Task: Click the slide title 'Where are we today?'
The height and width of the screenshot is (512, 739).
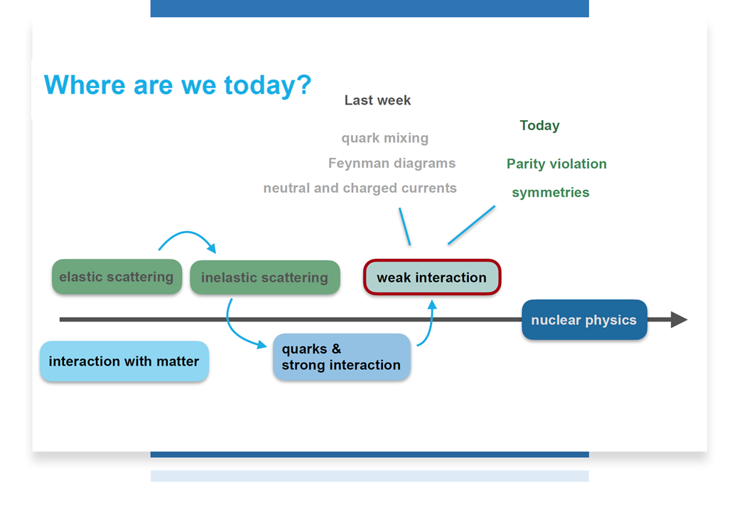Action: [178, 85]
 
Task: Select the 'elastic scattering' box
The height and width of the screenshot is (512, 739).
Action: [117, 277]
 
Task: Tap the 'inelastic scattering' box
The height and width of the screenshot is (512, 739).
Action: [265, 277]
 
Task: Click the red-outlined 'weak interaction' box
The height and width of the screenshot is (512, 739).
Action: [432, 277]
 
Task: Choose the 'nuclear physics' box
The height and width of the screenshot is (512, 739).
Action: [584, 320]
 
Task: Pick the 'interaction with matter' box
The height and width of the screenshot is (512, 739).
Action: [124, 361]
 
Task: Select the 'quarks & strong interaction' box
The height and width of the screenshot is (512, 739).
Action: [342, 357]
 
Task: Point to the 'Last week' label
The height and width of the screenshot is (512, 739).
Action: [377, 100]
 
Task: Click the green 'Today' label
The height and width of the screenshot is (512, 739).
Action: [539, 125]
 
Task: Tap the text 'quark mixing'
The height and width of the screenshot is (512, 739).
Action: [385, 138]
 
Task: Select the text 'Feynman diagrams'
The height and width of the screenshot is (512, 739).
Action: [392, 163]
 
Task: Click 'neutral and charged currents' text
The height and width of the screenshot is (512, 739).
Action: [360, 188]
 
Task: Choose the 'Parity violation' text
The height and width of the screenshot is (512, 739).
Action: [556, 164]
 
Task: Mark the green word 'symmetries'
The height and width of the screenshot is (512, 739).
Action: [551, 192]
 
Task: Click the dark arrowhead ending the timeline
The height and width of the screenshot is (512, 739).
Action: [679, 320]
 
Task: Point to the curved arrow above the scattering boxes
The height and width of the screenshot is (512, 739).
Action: [187, 232]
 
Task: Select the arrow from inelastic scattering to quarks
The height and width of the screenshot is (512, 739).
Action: [232, 330]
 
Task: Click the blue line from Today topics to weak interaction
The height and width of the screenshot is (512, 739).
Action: [471, 225]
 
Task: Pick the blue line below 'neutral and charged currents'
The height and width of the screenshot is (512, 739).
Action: [405, 226]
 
